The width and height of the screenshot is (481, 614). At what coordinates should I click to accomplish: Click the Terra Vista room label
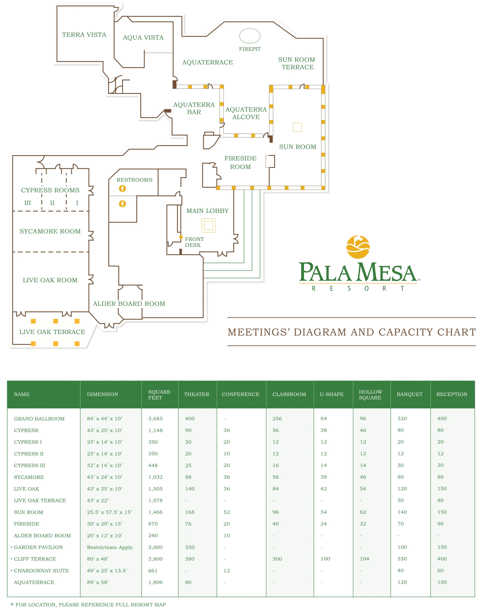(x=84, y=35)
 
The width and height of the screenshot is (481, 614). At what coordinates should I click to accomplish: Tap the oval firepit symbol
(x=250, y=36)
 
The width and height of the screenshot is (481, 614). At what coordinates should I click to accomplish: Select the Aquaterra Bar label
(x=194, y=108)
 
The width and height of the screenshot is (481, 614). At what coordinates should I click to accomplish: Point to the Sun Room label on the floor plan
(x=298, y=147)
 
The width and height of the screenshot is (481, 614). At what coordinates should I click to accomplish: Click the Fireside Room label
(x=240, y=162)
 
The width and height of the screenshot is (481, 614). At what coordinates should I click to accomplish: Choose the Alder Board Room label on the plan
(x=129, y=304)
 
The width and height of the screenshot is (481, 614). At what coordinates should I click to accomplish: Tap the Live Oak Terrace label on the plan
(x=52, y=332)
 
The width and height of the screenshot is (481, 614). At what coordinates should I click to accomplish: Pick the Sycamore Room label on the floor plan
(x=50, y=231)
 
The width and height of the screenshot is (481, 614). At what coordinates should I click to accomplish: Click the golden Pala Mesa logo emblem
(x=358, y=247)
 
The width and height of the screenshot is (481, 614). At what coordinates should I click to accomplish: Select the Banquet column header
(x=409, y=394)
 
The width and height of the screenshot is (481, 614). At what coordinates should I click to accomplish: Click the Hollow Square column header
(x=370, y=395)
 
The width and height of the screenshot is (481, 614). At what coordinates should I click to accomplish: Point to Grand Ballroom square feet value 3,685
(x=156, y=419)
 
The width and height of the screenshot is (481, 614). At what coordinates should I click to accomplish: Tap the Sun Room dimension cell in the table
(x=109, y=512)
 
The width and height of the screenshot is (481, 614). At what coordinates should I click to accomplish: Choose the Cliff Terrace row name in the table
(x=35, y=559)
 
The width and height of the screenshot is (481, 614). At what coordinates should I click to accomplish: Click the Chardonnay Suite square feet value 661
(x=153, y=571)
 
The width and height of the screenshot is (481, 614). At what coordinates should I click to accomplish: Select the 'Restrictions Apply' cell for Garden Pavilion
(x=110, y=547)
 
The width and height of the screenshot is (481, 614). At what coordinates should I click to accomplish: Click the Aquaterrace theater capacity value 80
(x=188, y=582)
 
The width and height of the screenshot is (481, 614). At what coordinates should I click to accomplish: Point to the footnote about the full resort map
(x=88, y=604)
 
